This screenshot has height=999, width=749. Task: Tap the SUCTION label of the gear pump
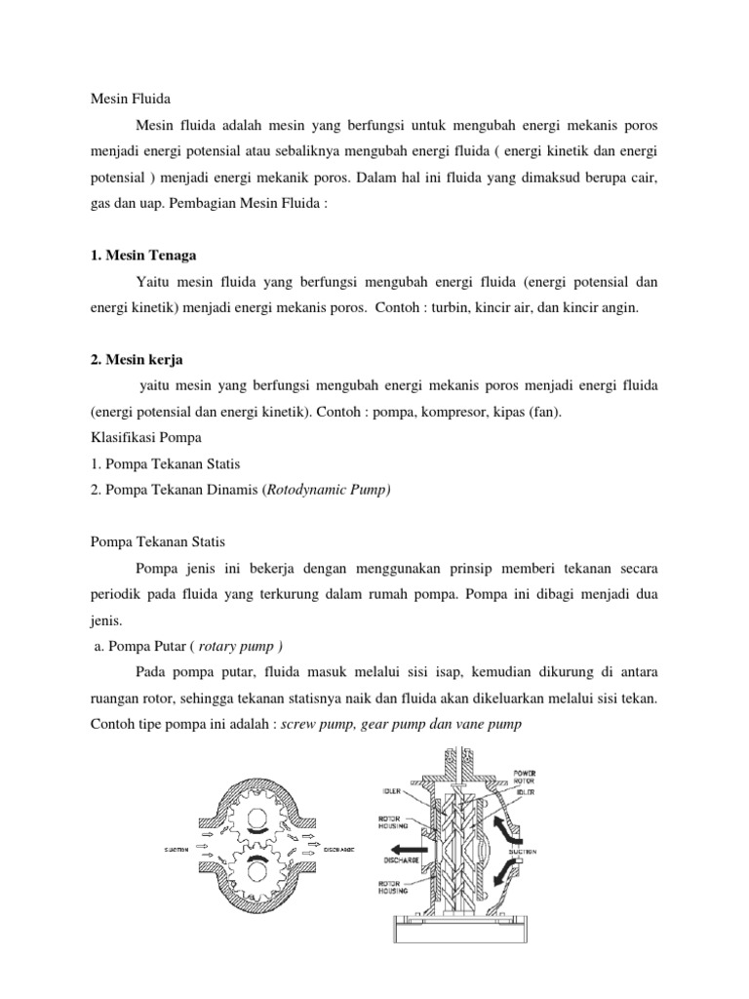click(177, 850)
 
